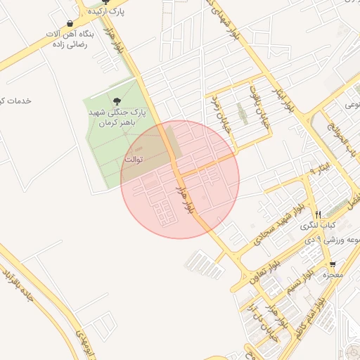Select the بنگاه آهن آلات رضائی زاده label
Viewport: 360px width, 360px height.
point(69,39)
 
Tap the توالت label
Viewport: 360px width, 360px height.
point(134,160)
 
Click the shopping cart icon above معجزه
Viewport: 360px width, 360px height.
point(332,264)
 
